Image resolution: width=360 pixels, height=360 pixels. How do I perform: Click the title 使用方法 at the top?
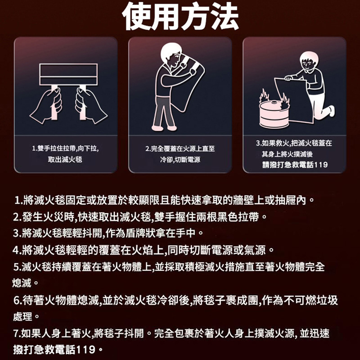coord(180,16)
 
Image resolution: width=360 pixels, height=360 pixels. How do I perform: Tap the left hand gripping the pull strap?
coord(48,105)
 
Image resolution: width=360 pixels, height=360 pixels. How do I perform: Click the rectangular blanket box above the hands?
coord(68,74)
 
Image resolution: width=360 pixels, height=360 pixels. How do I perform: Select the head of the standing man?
coord(171,54)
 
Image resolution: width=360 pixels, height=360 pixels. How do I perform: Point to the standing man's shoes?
coord(164,128)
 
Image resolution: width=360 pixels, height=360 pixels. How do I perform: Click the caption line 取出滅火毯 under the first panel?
coord(65,159)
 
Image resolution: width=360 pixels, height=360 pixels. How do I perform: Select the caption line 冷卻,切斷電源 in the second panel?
coord(180,159)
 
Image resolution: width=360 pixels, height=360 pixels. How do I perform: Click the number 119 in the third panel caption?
coord(320,165)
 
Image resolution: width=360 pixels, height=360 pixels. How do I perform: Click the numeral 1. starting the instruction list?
coord(18,200)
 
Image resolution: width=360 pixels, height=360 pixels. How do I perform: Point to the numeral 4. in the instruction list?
coord(17,250)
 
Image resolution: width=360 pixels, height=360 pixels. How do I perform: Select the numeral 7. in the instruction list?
coord(17,333)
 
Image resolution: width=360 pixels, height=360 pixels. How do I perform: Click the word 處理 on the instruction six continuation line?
coord(23,317)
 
